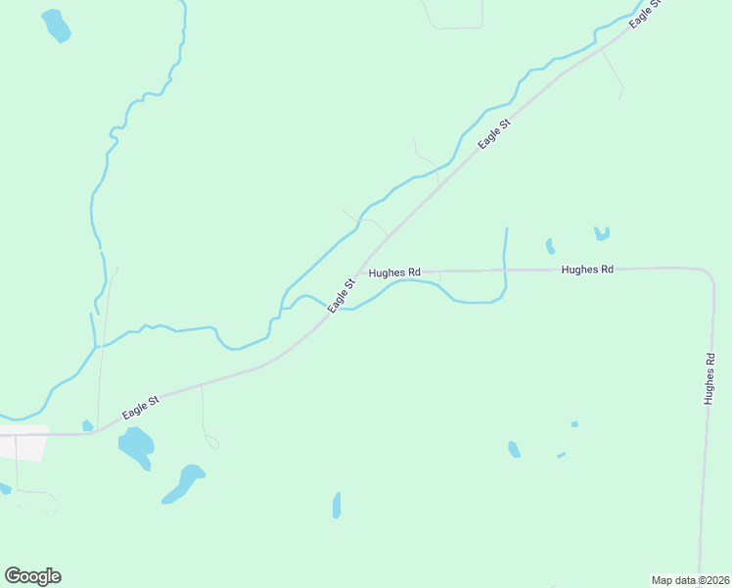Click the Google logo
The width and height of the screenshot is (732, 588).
click(x=33, y=576)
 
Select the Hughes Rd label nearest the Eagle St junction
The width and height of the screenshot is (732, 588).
click(x=394, y=271)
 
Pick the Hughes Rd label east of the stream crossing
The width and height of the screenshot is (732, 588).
click(x=587, y=269)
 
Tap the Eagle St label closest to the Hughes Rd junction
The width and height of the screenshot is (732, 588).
click(x=341, y=296)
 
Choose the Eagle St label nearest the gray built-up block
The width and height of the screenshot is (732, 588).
click(x=141, y=408)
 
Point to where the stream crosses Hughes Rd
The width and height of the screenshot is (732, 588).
click(x=504, y=269)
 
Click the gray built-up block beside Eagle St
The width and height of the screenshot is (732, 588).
click(x=23, y=447)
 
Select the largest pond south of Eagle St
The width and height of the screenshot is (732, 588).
click(x=136, y=447)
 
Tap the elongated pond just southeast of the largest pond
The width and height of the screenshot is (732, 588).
click(x=183, y=483)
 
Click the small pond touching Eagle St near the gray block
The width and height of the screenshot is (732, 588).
click(x=87, y=425)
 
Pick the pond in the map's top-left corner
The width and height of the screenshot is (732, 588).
click(x=56, y=26)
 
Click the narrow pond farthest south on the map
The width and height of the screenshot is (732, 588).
click(x=337, y=506)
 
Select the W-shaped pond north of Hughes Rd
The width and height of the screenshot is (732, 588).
click(x=601, y=233)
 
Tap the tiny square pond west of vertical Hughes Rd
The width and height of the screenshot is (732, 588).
click(x=574, y=424)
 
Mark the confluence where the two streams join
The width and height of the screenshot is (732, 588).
click(x=95, y=346)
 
